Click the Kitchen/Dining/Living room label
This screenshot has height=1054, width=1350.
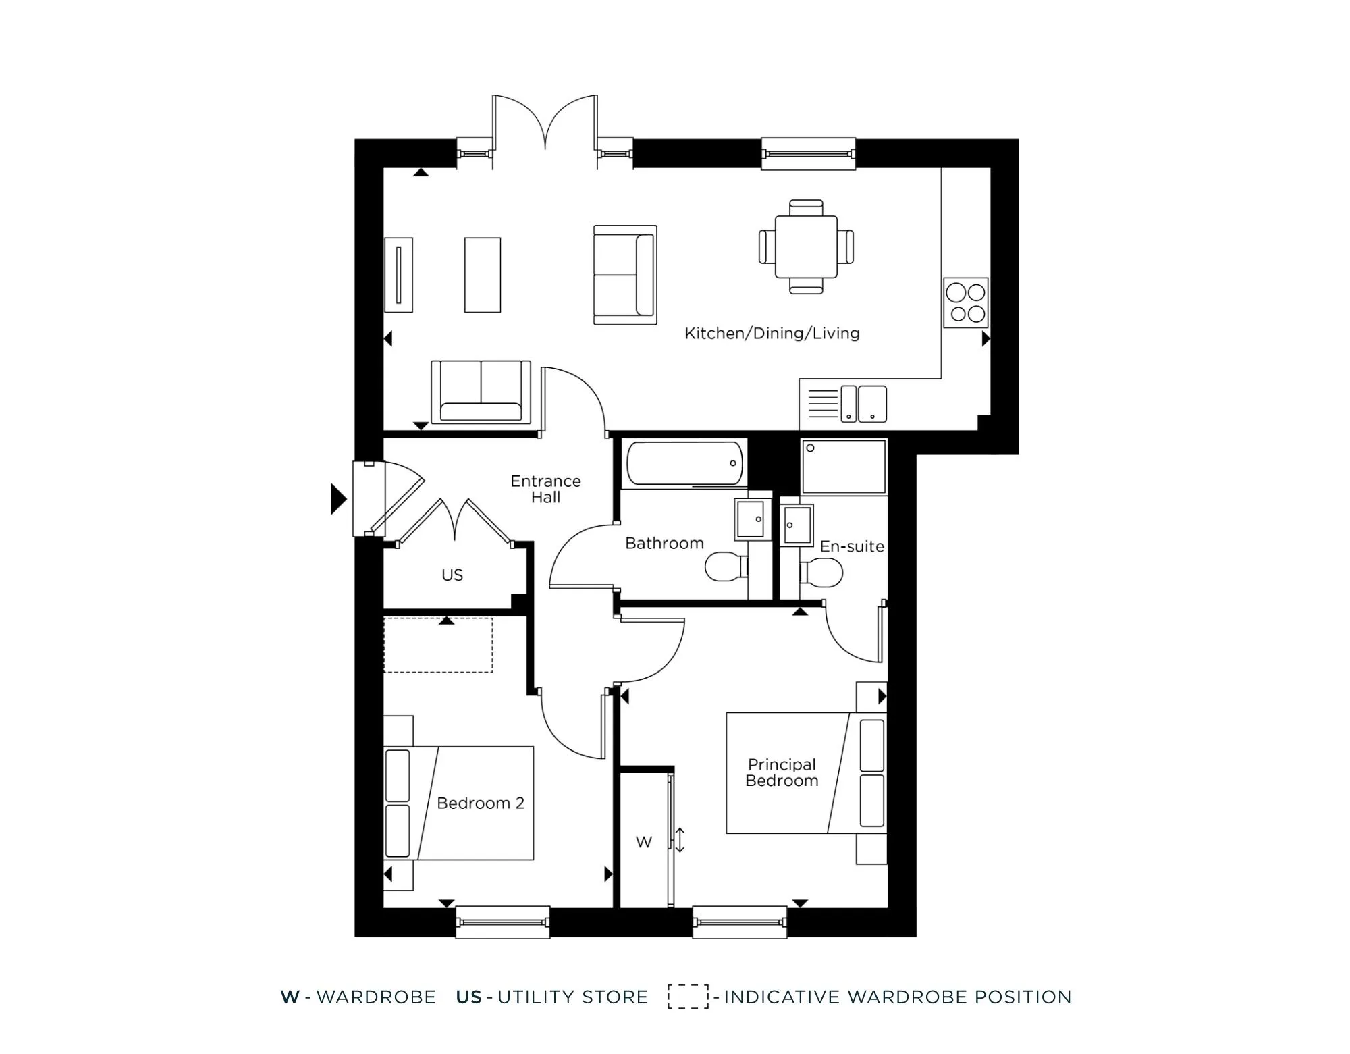pyautogui.click(x=772, y=333)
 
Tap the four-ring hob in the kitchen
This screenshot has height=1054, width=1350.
pyautogui.click(x=965, y=303)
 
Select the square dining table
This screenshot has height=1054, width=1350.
pyautogui.click(x=806, y=246)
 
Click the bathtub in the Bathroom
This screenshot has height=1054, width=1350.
pyautogui.click(x=684, y=463)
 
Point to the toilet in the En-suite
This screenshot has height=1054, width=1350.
pyautogui.click(x=822, y=573)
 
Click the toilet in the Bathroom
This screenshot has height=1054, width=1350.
pyautogui.click(x=725, y=566)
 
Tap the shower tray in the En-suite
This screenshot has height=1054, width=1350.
pyautogui.click(x=843, y=467)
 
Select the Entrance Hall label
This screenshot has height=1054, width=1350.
pyautogui.click(x=545, y=489)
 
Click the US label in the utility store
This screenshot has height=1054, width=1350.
pyautogui.click(x=452, y=575)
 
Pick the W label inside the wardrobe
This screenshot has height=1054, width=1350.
pyautogui.click(x=644, y=842)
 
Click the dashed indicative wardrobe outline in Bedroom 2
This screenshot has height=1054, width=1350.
pyautogui.click(x=438, y=645)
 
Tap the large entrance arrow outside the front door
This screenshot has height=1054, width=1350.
pyautogui.click(x=337, y=499)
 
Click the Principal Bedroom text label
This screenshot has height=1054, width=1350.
pyautogui.click(x=782, y=772)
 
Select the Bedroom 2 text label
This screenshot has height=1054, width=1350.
pyautogui.click(x=480, y=803)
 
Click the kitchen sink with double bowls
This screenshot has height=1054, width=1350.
pyautogui.click(x=863, y=404)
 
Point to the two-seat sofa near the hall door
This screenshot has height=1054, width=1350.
pyautogui.click(x=481, y=393)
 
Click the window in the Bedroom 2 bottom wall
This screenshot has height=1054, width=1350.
pyautogui.click(x=502, y=922)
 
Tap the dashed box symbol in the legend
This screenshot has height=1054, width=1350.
pyautogui.click(x=688, y=997)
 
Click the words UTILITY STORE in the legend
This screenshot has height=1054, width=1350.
pyautogui.click(x=572, y=997)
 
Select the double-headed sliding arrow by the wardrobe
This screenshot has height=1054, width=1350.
pyautogui.click(x=680, y=840)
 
